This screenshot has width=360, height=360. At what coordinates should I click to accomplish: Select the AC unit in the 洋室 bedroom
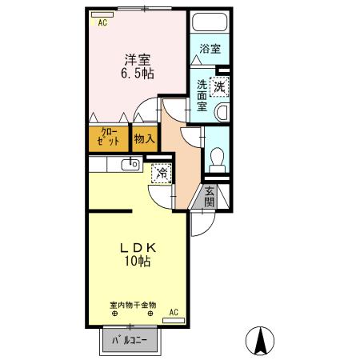point(102,23)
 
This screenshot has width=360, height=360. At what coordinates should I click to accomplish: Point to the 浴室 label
point(210,49)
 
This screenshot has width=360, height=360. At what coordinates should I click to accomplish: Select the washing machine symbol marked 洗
point(218,82)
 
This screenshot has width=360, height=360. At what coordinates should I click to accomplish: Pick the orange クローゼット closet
point(110,137)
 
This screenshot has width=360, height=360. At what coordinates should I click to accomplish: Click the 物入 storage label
point(144,138)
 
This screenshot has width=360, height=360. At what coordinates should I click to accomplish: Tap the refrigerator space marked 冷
point(162,173)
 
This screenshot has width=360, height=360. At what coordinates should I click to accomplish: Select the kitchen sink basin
point(128,165)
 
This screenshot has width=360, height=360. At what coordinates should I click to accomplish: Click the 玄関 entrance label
point(208,197)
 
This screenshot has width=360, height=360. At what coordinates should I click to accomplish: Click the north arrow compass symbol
point(260,342)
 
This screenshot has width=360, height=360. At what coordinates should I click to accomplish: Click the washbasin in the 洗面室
point(223,111)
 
